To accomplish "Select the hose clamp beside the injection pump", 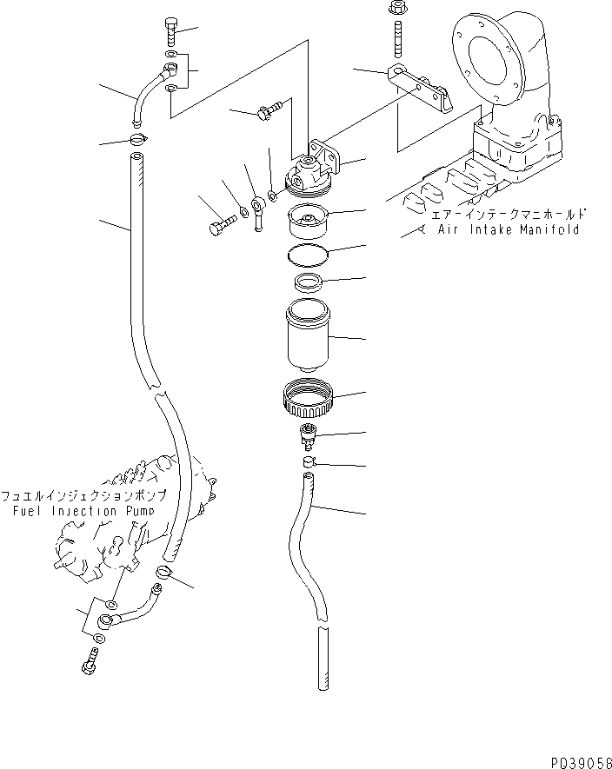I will [163, 573].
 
